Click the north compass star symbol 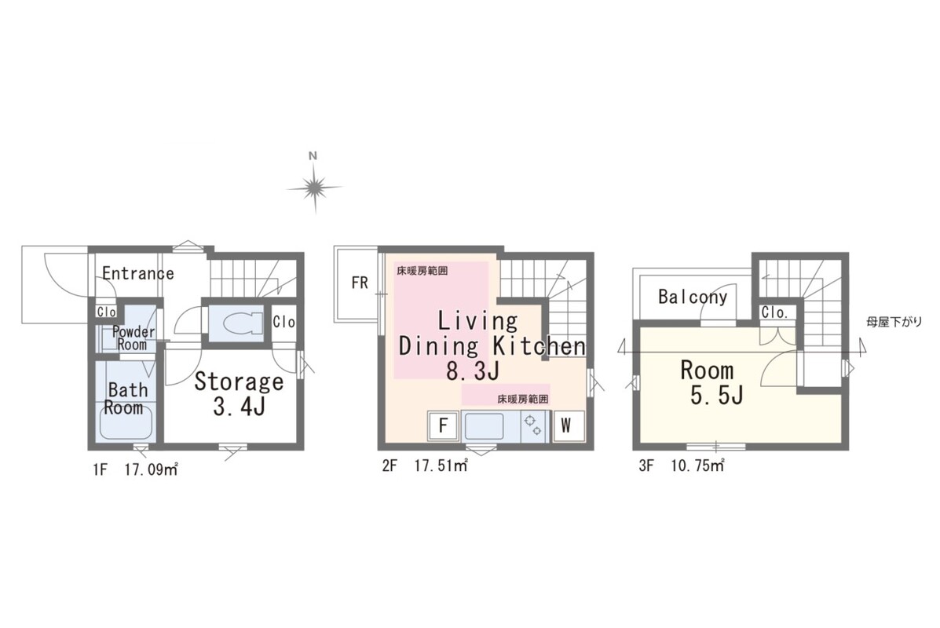(x=313, y=188)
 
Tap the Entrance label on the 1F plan (x=138, y=274)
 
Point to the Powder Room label (x=133, y=338)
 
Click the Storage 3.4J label (x=239, y=394)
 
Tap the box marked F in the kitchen (x=443, y=425)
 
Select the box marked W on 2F (x=566, y=425)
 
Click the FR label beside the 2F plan (x=360, y=283)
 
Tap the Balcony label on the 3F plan (x=693, y=297)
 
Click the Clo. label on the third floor (x=774, y=312)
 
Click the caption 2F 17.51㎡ (x=425, y=466)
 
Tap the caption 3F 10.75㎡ (x=682, y=466)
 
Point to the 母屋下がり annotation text (x=894, y=323)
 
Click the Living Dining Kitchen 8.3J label (x=491, y=346)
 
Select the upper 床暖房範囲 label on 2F (x=422, y=271)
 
